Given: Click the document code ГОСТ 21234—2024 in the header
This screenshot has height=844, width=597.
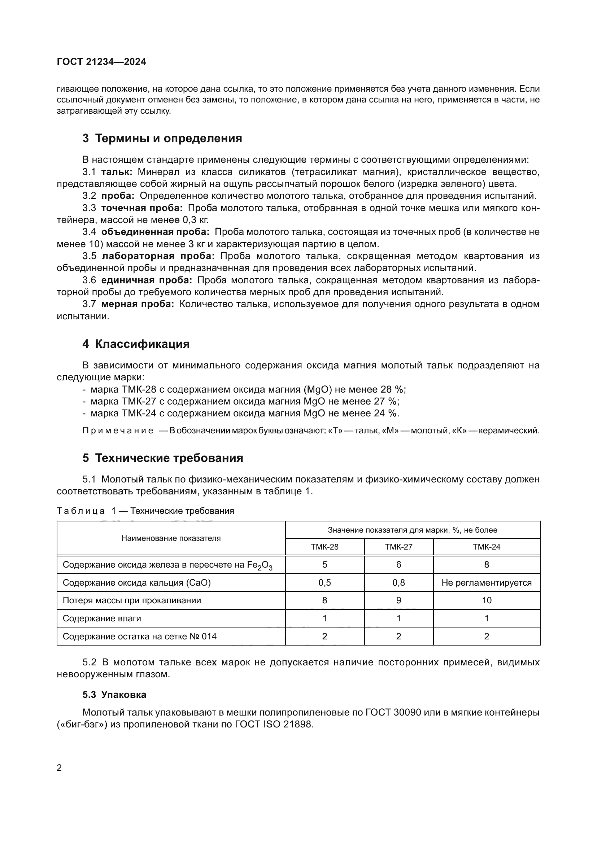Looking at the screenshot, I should tap(101, 62).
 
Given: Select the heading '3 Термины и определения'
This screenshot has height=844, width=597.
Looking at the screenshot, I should tap(162, 139).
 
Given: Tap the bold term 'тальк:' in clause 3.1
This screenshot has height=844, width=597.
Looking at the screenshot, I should tap(117, 172).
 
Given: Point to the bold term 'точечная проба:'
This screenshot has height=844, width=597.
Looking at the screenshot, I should tap(141, 208).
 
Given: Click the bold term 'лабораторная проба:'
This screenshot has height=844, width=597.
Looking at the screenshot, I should tap(158, 256).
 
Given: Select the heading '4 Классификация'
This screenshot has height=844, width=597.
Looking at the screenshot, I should tap(136, 344).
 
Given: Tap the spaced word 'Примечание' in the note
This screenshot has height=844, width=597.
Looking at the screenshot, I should tap(118, 430).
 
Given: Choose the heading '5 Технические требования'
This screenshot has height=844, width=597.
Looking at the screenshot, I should tap(163, 458).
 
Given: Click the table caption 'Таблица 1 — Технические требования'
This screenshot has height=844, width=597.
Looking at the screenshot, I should tap(145, 511).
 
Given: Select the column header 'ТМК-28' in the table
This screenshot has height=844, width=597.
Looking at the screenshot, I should tap(324, 547).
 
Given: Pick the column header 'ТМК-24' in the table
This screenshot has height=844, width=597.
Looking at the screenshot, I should tap(486, 547).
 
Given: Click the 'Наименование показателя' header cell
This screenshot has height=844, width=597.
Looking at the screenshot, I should tap(171, 538).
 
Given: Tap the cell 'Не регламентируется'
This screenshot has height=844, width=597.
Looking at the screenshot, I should tap(486, 583).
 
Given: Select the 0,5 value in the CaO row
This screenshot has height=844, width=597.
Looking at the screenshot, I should tap(324, 583).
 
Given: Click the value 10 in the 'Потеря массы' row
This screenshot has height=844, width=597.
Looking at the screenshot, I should tap(486, 600).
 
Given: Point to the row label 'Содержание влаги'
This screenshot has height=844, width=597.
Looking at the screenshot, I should tap(102, 618).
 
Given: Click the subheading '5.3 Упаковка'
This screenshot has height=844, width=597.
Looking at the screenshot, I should tap(114, 695).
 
